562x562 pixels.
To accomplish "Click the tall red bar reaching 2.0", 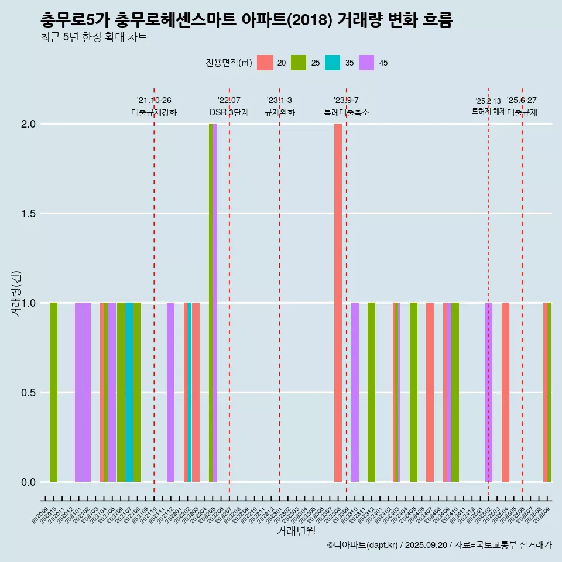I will click(338, 303).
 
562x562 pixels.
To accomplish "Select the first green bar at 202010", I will click(53, 392).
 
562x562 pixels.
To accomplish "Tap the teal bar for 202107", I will click(129, 392).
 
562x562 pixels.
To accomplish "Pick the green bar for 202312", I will click(371, 392).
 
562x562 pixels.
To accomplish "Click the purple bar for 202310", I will click(355, 392).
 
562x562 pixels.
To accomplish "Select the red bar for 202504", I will click(505, 392).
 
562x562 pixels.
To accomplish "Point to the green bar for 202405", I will click(413, 392).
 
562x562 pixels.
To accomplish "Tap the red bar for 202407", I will click(430, 392).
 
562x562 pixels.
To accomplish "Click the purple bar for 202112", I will click(170, 392).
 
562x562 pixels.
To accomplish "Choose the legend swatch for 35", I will click(333, 63).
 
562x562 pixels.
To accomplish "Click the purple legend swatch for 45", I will click(366, 63).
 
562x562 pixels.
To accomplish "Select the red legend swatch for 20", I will click(265, 63).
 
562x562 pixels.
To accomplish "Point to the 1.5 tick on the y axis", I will click(28, 214).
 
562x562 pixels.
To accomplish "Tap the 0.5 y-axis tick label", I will click(28, 393).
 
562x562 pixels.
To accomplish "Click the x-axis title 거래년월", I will click(296, 531).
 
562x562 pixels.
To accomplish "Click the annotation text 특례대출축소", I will click(347, 112).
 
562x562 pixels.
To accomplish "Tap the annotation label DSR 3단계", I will click(229, 112).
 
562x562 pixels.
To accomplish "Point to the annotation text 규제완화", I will click(279, 112).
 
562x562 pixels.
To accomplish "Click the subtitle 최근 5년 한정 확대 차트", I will click(94, 37).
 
